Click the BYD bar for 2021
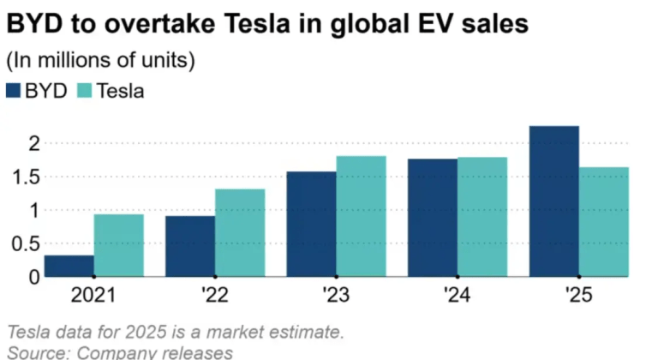tap(69, 267)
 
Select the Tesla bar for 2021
tap(118, 246)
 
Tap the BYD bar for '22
tap(190, 247)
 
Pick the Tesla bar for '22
tap(240, 233)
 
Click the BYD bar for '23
tap(311, 225)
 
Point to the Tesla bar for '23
tap(361, 217)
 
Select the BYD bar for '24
tap(433, 219)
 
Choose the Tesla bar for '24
tap(482, 218)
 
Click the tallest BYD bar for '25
tap(554, 201)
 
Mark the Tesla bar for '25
tap(604, 222)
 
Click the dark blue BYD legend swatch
tap(15, 91)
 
